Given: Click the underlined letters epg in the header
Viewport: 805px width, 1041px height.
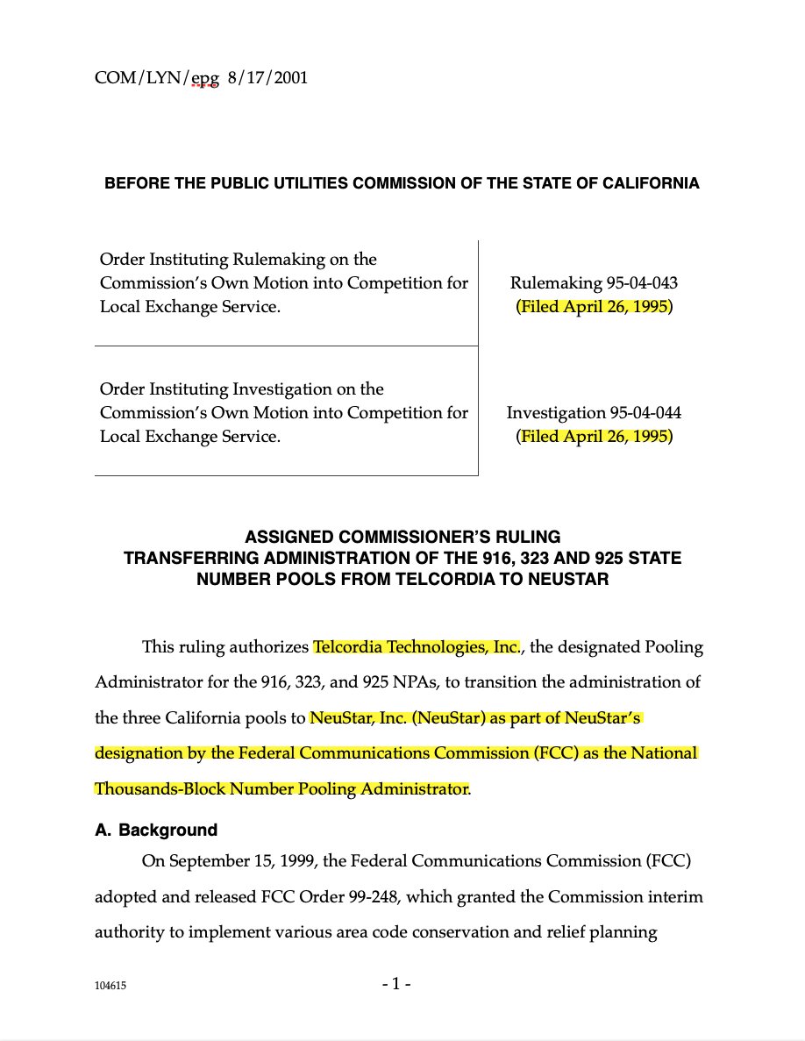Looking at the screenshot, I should (204, 78).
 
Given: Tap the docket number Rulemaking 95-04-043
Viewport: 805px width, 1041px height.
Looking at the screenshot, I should (594, 283).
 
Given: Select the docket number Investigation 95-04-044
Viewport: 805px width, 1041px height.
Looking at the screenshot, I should (594, 412).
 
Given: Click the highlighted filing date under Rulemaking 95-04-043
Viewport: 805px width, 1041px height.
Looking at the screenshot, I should (594, 308).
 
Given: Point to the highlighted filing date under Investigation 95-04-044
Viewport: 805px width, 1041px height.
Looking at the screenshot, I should (594, 436).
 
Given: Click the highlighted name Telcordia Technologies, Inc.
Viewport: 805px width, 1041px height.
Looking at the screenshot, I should (417, 647).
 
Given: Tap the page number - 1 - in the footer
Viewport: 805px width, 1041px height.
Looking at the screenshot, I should (396, 984).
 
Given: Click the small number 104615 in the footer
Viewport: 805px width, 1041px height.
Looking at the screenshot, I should (110, 986).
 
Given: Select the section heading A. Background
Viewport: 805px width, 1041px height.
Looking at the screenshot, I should (156, 830).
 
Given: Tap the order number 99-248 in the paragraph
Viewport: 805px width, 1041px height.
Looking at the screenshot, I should (371, 896).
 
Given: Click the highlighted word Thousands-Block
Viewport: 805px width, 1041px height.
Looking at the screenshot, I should (160, 788).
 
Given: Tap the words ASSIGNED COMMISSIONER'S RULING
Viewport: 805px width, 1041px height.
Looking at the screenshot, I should (402, 537).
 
